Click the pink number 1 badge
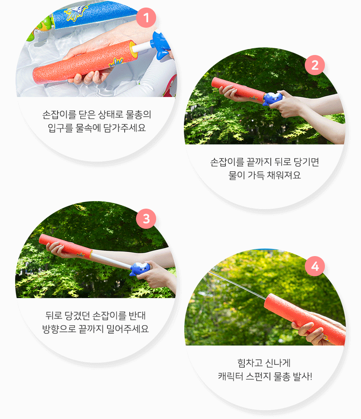146,18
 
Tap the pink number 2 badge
315,65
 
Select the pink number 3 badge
146,219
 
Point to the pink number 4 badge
315,266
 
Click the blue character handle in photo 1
161,45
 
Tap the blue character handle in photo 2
272,98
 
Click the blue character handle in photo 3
140,269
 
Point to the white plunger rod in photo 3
111,259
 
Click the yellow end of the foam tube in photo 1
133,49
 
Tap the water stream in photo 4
237,285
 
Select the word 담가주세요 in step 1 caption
124,128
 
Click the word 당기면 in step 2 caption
306,162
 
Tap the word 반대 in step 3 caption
137,316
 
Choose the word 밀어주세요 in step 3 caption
127,329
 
